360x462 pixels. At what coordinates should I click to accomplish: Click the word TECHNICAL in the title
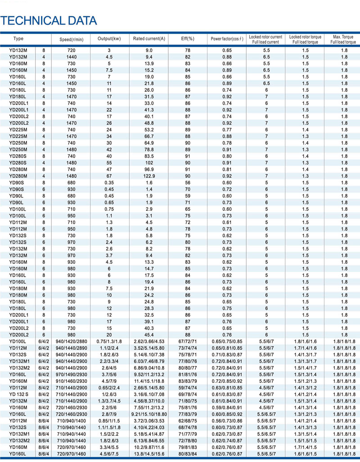tap(30, 21)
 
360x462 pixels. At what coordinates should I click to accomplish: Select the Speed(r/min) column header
tap(72, 40)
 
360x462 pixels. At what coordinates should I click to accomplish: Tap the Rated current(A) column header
tap(149, 39)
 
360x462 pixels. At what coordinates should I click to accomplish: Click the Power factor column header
tap(227, 39)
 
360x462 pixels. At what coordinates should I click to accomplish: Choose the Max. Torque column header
tap(343, 39)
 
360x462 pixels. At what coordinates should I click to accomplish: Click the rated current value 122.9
tap(149, 176)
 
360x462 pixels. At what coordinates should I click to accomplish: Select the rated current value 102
tap(149, 163)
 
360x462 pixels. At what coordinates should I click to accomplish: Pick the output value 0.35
tap(109, 183)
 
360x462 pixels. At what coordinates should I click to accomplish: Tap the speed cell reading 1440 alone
tap(72, 57)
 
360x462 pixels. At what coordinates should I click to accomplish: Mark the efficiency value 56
tap(188, 183)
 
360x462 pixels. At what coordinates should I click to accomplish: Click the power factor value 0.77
tap(227, 130)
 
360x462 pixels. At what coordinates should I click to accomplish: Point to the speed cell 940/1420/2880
tap(72, 341)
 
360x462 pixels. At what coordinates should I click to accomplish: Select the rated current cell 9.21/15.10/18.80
tap(149, 414)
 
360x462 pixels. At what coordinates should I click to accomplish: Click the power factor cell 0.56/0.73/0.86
tap(227, 421)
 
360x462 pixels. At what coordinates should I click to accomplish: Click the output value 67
tap(109, 176)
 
